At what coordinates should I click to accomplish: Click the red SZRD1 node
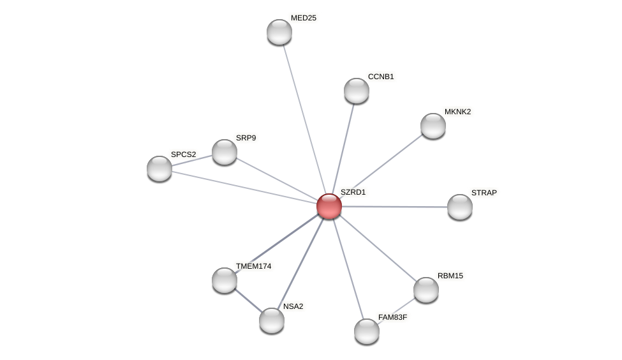[x=329, y=206]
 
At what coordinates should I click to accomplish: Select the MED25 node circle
[x=279, y=32]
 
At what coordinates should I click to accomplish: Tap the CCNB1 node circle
[x=357, y=91]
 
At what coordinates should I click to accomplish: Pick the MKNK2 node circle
[x=433, y=126]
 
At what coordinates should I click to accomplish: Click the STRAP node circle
[x=460, y=207]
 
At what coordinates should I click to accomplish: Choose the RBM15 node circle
[x=426, y=290]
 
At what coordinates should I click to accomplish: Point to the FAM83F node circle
[x=367, y=331]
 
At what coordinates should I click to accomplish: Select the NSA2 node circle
[x=272, y=320]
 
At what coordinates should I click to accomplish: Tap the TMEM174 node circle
[x=225, y=280]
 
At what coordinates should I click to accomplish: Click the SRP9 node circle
[x=225, y=152]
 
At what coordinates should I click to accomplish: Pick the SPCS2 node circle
[x=159, y=169]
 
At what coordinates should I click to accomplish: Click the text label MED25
[x=303, y=18]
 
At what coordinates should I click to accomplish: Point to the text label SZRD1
[x=353, y=192]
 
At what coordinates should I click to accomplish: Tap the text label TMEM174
[x=253, y=266]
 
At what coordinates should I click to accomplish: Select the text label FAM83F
[x=392, y=317]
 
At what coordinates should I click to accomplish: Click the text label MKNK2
[x=457, y=112]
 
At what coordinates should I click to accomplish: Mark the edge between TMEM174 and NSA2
[x=248, y=301]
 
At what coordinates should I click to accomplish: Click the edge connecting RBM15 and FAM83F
[x=397, y=310]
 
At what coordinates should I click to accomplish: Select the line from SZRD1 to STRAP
[x=396, y=207]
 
